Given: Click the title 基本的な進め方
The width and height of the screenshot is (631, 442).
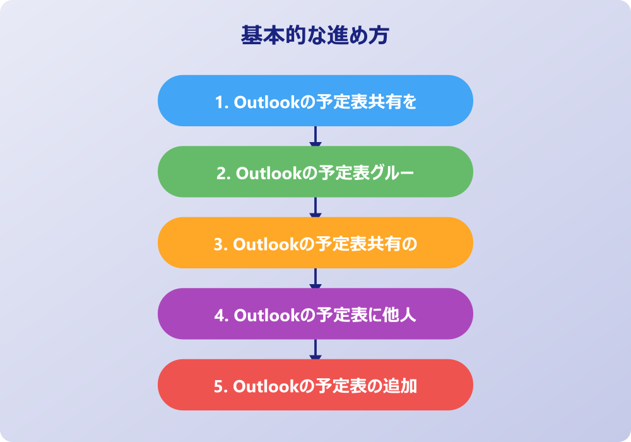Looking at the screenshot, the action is (x=315, y=35).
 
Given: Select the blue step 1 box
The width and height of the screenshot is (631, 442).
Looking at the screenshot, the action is (x=315, y=100).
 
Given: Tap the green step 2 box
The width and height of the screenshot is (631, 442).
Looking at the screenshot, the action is (x=315, y=172).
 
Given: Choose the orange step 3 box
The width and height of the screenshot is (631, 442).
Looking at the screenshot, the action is (x=315, y=242).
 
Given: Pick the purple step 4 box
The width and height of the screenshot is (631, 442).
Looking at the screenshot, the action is (x=315, y=314).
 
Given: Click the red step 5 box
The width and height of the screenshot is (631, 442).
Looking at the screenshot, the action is (x=315, y=385).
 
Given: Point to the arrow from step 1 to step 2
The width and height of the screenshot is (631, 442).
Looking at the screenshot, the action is (x=315, y=136).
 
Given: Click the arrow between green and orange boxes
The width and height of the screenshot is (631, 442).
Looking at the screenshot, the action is (x=315, y=207).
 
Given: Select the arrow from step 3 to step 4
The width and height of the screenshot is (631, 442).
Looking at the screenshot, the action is (x=315, y=278).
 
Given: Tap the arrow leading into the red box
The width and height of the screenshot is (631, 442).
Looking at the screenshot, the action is (x=315, y=349).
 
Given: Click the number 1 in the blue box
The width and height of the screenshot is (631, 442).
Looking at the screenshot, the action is (x=220, y=102).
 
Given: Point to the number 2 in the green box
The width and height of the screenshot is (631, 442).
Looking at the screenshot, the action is (x=221, y=174).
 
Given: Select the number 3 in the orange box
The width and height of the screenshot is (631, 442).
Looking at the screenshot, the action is (x=218, y=244).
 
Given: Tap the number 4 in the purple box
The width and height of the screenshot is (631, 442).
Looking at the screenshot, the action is (x=220, y=316).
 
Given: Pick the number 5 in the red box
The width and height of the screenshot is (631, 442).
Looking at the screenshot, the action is (x=218, y=386).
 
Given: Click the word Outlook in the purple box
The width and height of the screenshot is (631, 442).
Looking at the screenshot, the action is (x=267, y=315).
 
